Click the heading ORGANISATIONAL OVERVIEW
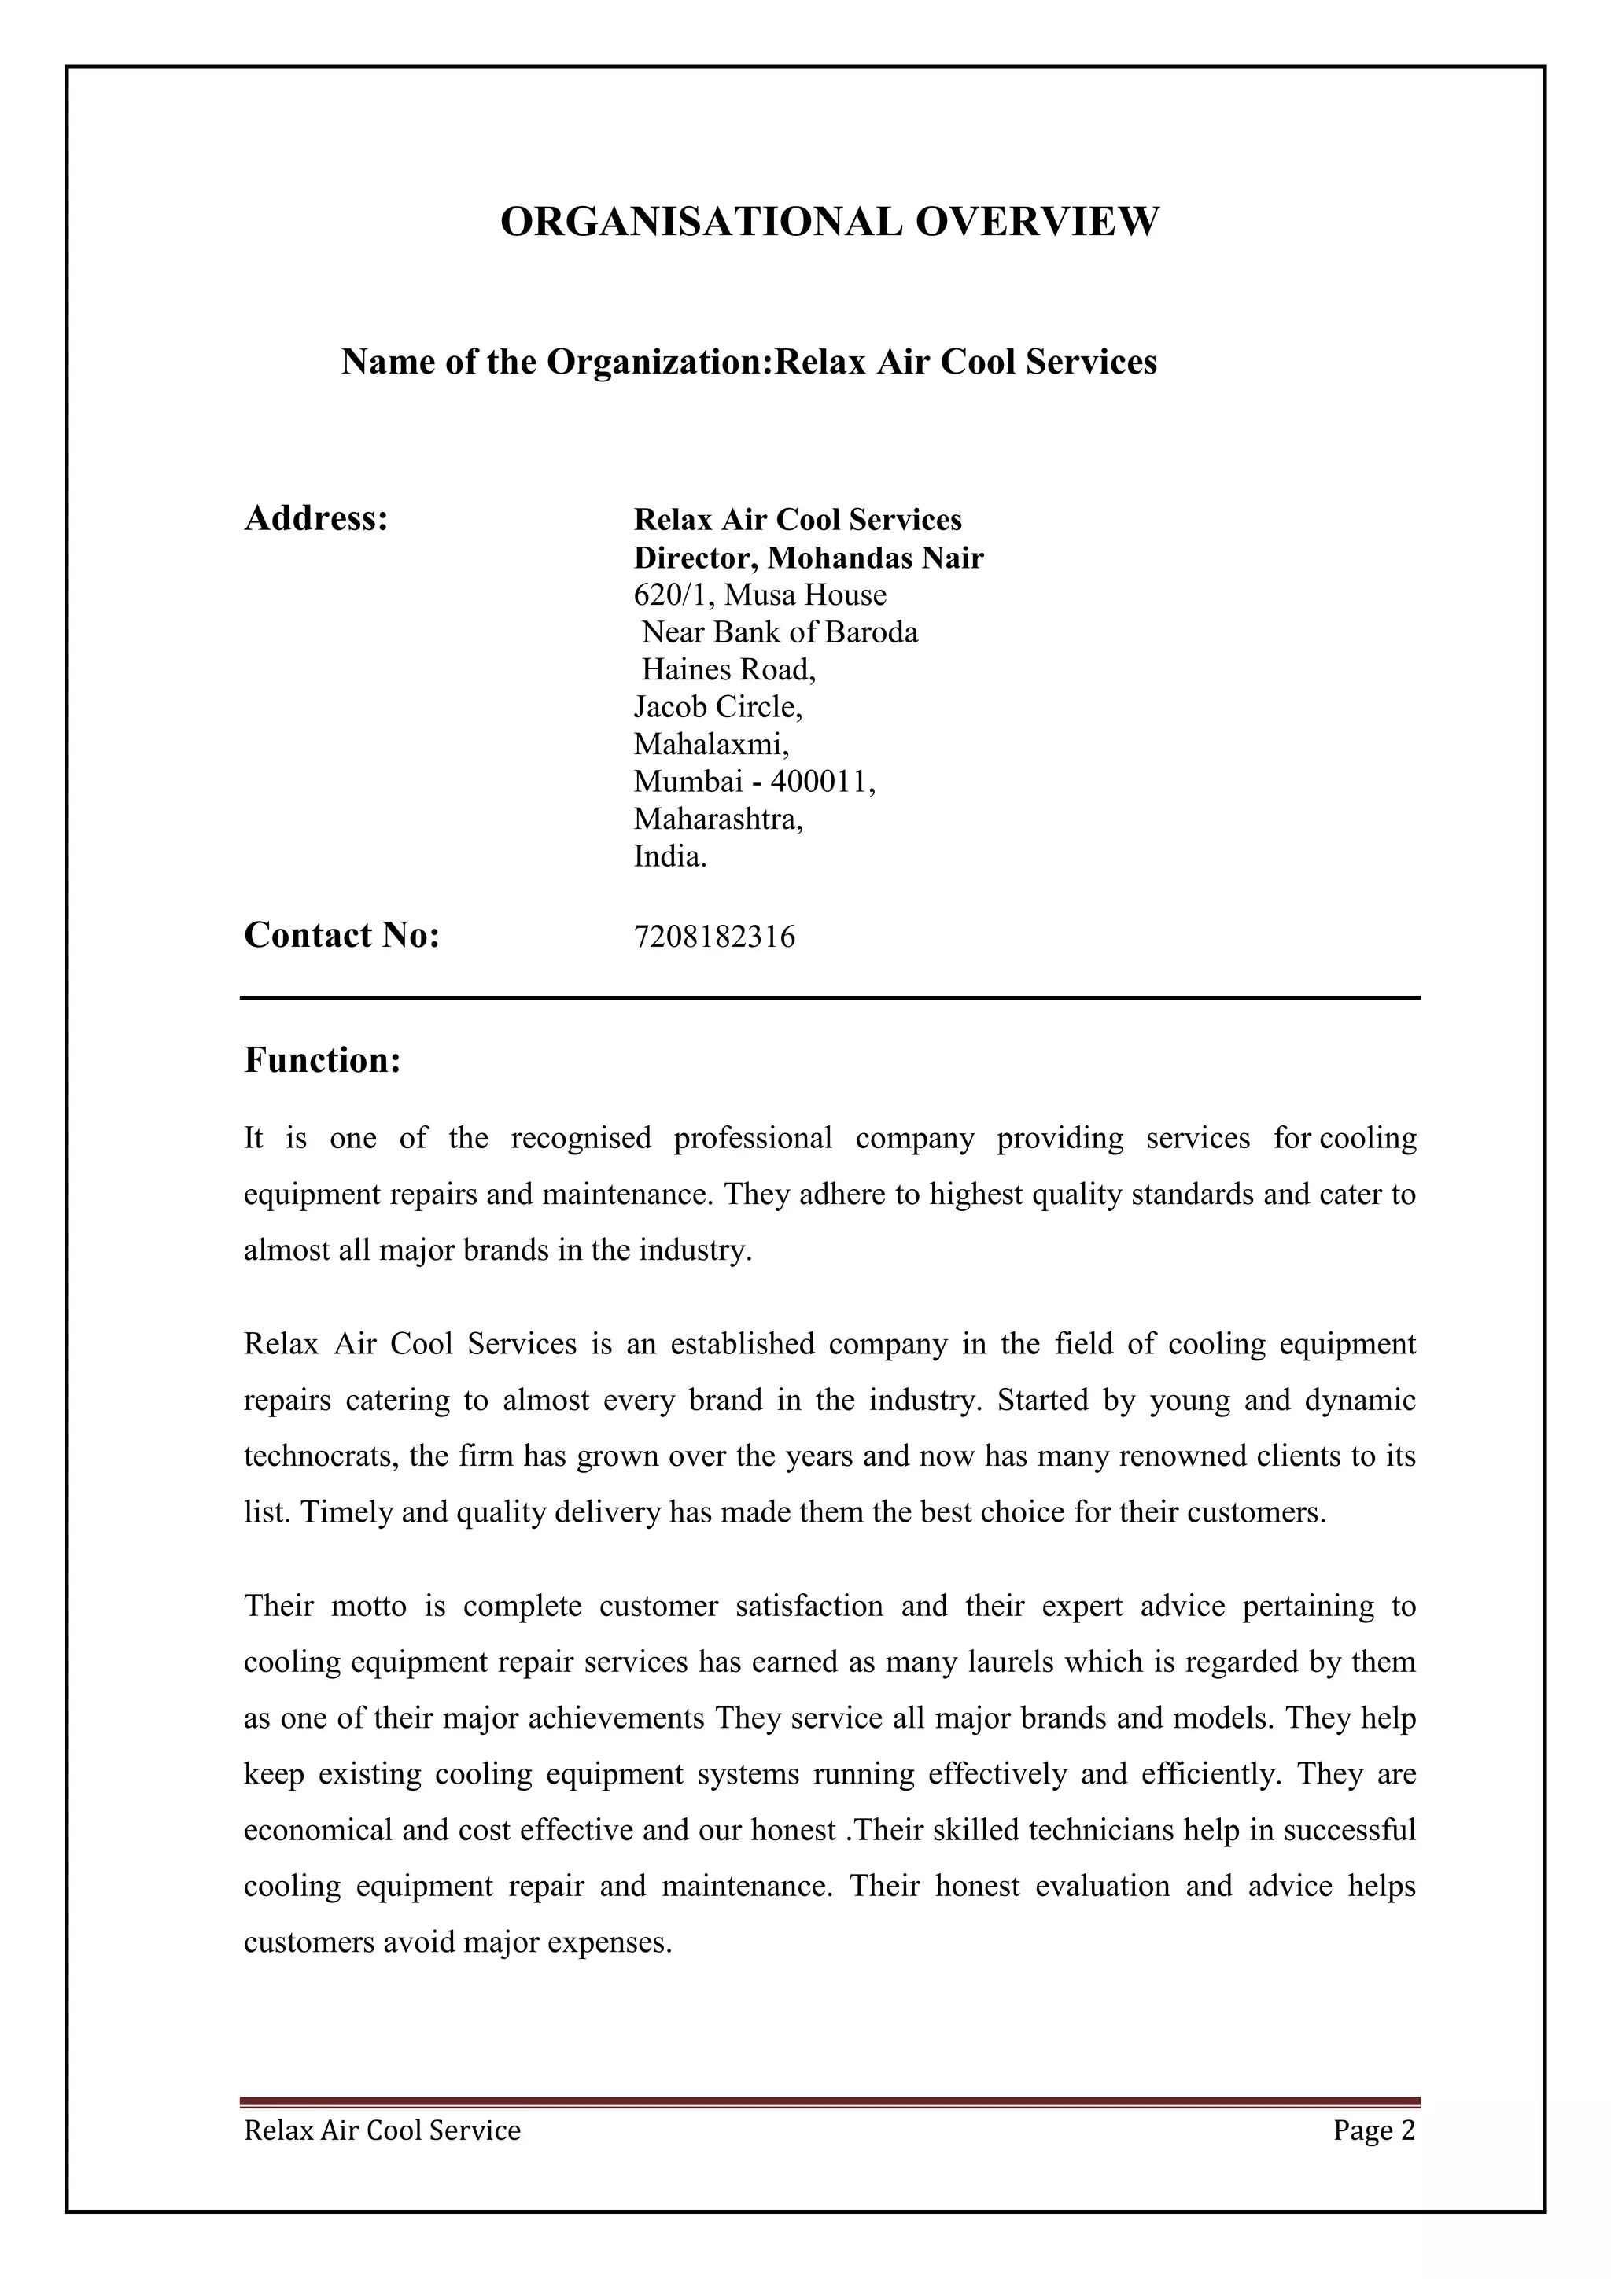[829, 221]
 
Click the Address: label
[315, 518]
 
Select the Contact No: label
[341, 935]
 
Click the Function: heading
[322, 1060]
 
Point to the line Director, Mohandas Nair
[808, 558]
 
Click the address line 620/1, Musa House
[759, 595]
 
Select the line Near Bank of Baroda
[780, 632]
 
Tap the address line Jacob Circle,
[717, 707]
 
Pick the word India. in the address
[670, 856]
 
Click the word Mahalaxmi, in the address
[710, 745]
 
